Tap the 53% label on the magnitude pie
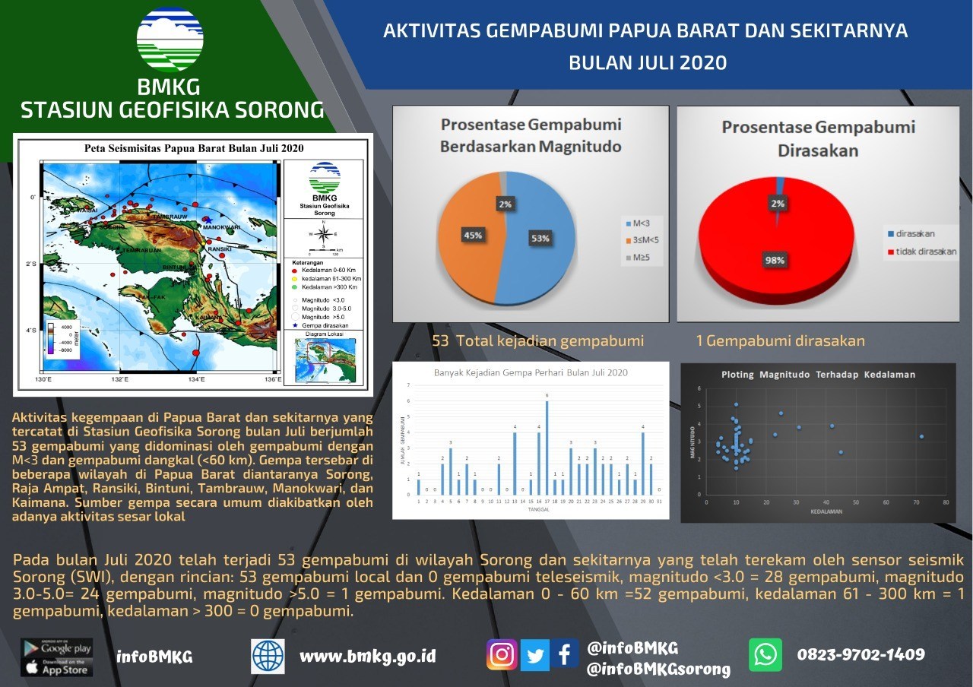point(540,238)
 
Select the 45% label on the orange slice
point(473,235)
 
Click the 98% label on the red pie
point(775,260)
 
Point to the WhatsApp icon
point(765,654)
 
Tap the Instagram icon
point(502,654)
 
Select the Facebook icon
point(565,654)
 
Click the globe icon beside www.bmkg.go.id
point(268,656)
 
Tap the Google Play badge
point(57,648)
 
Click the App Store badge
point(57,668)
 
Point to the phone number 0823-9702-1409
point(860,654)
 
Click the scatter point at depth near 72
point(921,436)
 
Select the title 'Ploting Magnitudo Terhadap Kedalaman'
point(818,374)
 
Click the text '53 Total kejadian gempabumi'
point(537,340)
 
